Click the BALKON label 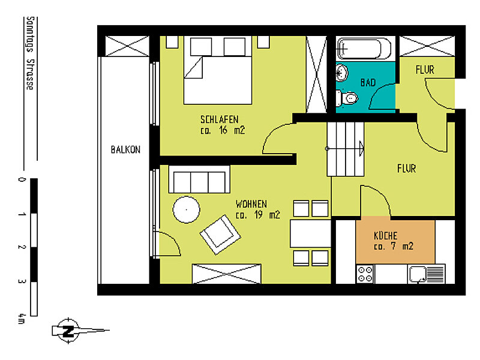[125, 150]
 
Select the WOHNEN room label [251, 203]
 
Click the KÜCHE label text [385, 236]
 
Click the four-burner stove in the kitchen [365, 274]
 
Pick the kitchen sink [426, 274]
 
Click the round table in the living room [186, 211]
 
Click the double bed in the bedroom [217, 70]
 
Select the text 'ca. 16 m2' [223, 130]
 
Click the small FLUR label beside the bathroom [425, 70]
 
